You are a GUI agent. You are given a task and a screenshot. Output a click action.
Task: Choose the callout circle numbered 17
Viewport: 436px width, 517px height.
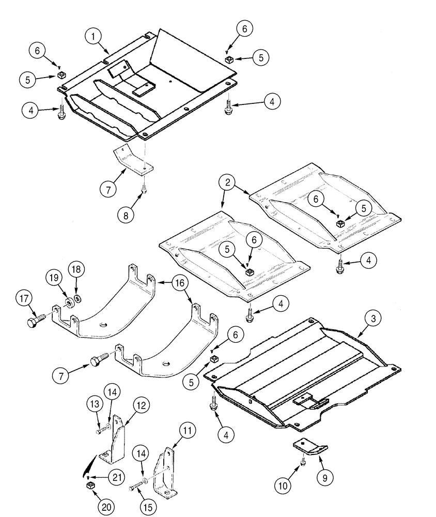click(25, 299)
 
